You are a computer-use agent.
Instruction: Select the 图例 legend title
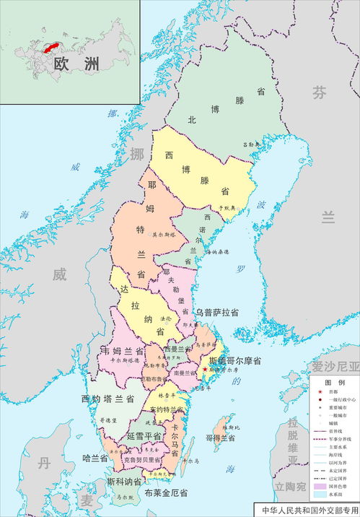pyautogui.click(x=334, y=382)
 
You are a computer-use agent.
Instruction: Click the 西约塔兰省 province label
pyautogui.click(x=108, y=399)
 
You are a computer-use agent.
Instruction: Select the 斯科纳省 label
pyautogui.click(x=124, y=481)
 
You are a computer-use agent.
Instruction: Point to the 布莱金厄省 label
pyautogui.click(x=166, y=492)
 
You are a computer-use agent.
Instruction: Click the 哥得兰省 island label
pyautogui.click(x=221, y=438)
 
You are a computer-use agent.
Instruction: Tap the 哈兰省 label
pyautogui.click(x=95, y=458)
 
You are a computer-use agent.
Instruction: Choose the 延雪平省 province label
pyautogui.click(x=143, y=437)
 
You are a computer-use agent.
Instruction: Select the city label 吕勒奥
pyautogui.click(x=250, y=144)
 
